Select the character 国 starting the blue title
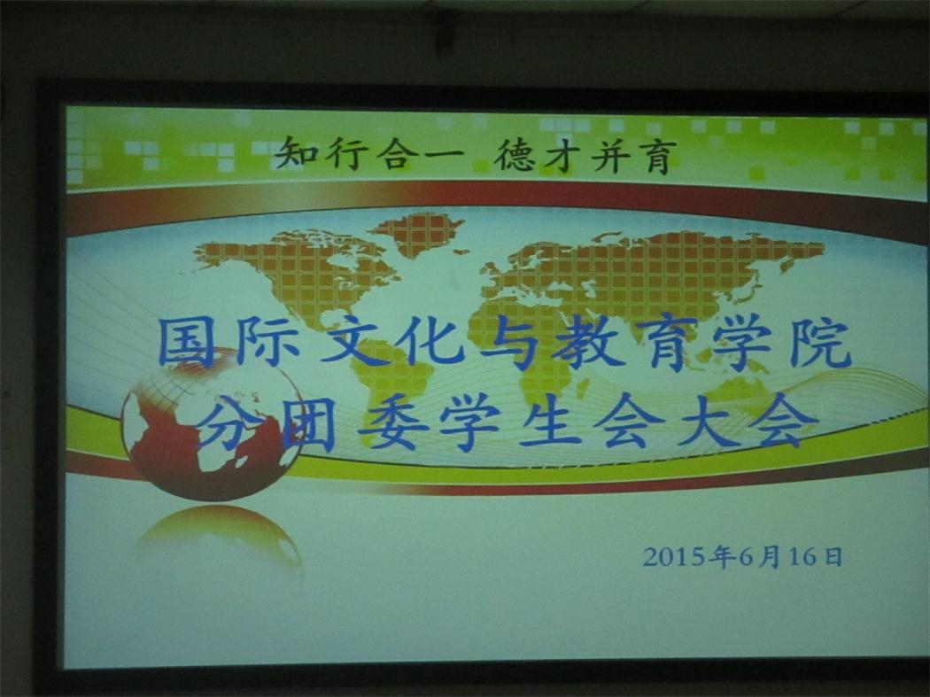click(x=187, y=342)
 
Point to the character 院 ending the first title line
click(x=821, y=344)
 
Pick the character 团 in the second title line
click(x=308, y=423)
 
